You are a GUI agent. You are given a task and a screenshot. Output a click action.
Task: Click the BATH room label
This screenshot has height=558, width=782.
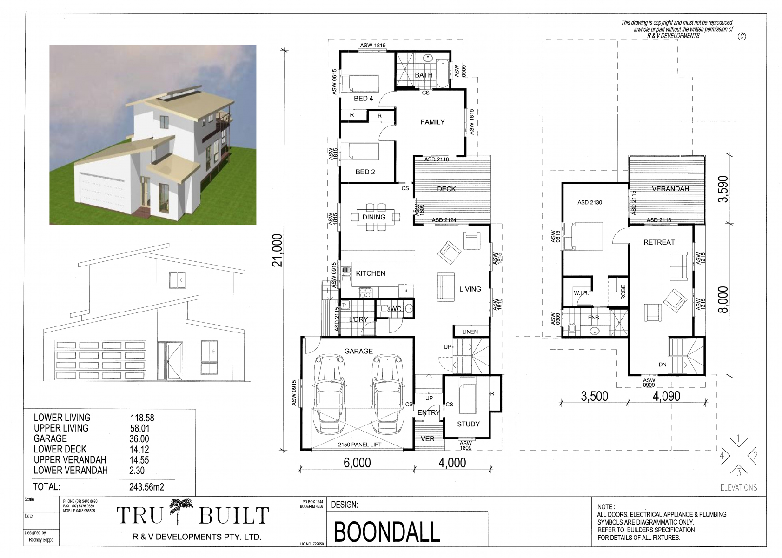424,75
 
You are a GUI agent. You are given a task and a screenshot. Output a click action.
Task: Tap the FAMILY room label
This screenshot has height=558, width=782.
432,122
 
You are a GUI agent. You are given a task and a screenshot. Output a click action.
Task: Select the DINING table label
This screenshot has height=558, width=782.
373,217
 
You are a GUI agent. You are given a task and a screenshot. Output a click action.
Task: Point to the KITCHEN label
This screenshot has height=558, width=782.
371,273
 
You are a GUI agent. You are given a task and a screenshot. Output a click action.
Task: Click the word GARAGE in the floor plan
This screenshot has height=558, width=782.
358,351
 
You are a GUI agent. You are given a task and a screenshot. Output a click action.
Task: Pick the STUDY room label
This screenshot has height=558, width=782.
468,424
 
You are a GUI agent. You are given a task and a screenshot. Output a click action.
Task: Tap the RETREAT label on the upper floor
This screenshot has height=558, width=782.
659,242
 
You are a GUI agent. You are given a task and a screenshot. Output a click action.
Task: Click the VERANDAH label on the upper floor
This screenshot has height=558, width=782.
670,189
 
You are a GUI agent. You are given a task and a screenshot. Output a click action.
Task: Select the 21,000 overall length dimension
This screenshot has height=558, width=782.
277,250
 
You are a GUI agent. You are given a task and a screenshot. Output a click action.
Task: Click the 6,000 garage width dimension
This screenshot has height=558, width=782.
357,463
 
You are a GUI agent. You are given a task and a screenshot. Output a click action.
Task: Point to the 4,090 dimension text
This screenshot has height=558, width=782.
666,396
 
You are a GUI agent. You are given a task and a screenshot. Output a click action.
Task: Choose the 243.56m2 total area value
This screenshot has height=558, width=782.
146,487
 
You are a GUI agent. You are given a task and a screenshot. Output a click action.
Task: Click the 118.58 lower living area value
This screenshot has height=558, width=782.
142,418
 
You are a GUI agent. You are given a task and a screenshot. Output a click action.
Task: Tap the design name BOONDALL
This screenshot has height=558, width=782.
387,532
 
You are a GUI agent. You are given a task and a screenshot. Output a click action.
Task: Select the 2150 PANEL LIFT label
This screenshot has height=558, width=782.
359,445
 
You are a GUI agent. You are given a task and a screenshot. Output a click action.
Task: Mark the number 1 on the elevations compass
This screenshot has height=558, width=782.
738,438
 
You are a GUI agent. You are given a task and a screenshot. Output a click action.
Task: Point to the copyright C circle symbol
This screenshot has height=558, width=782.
742,36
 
